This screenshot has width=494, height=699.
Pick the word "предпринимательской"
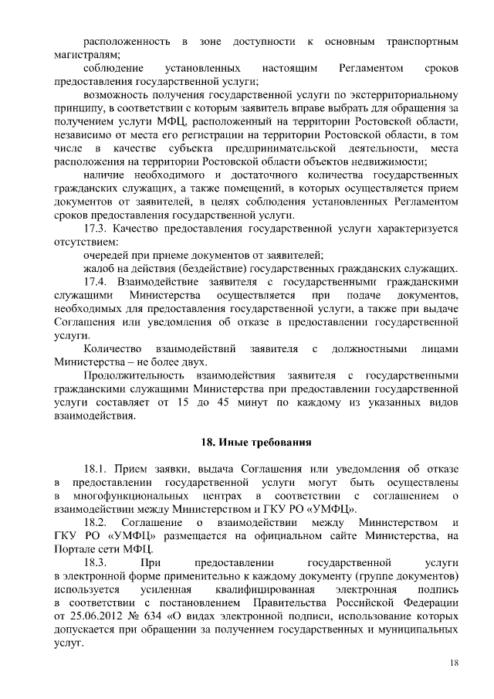297,148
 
